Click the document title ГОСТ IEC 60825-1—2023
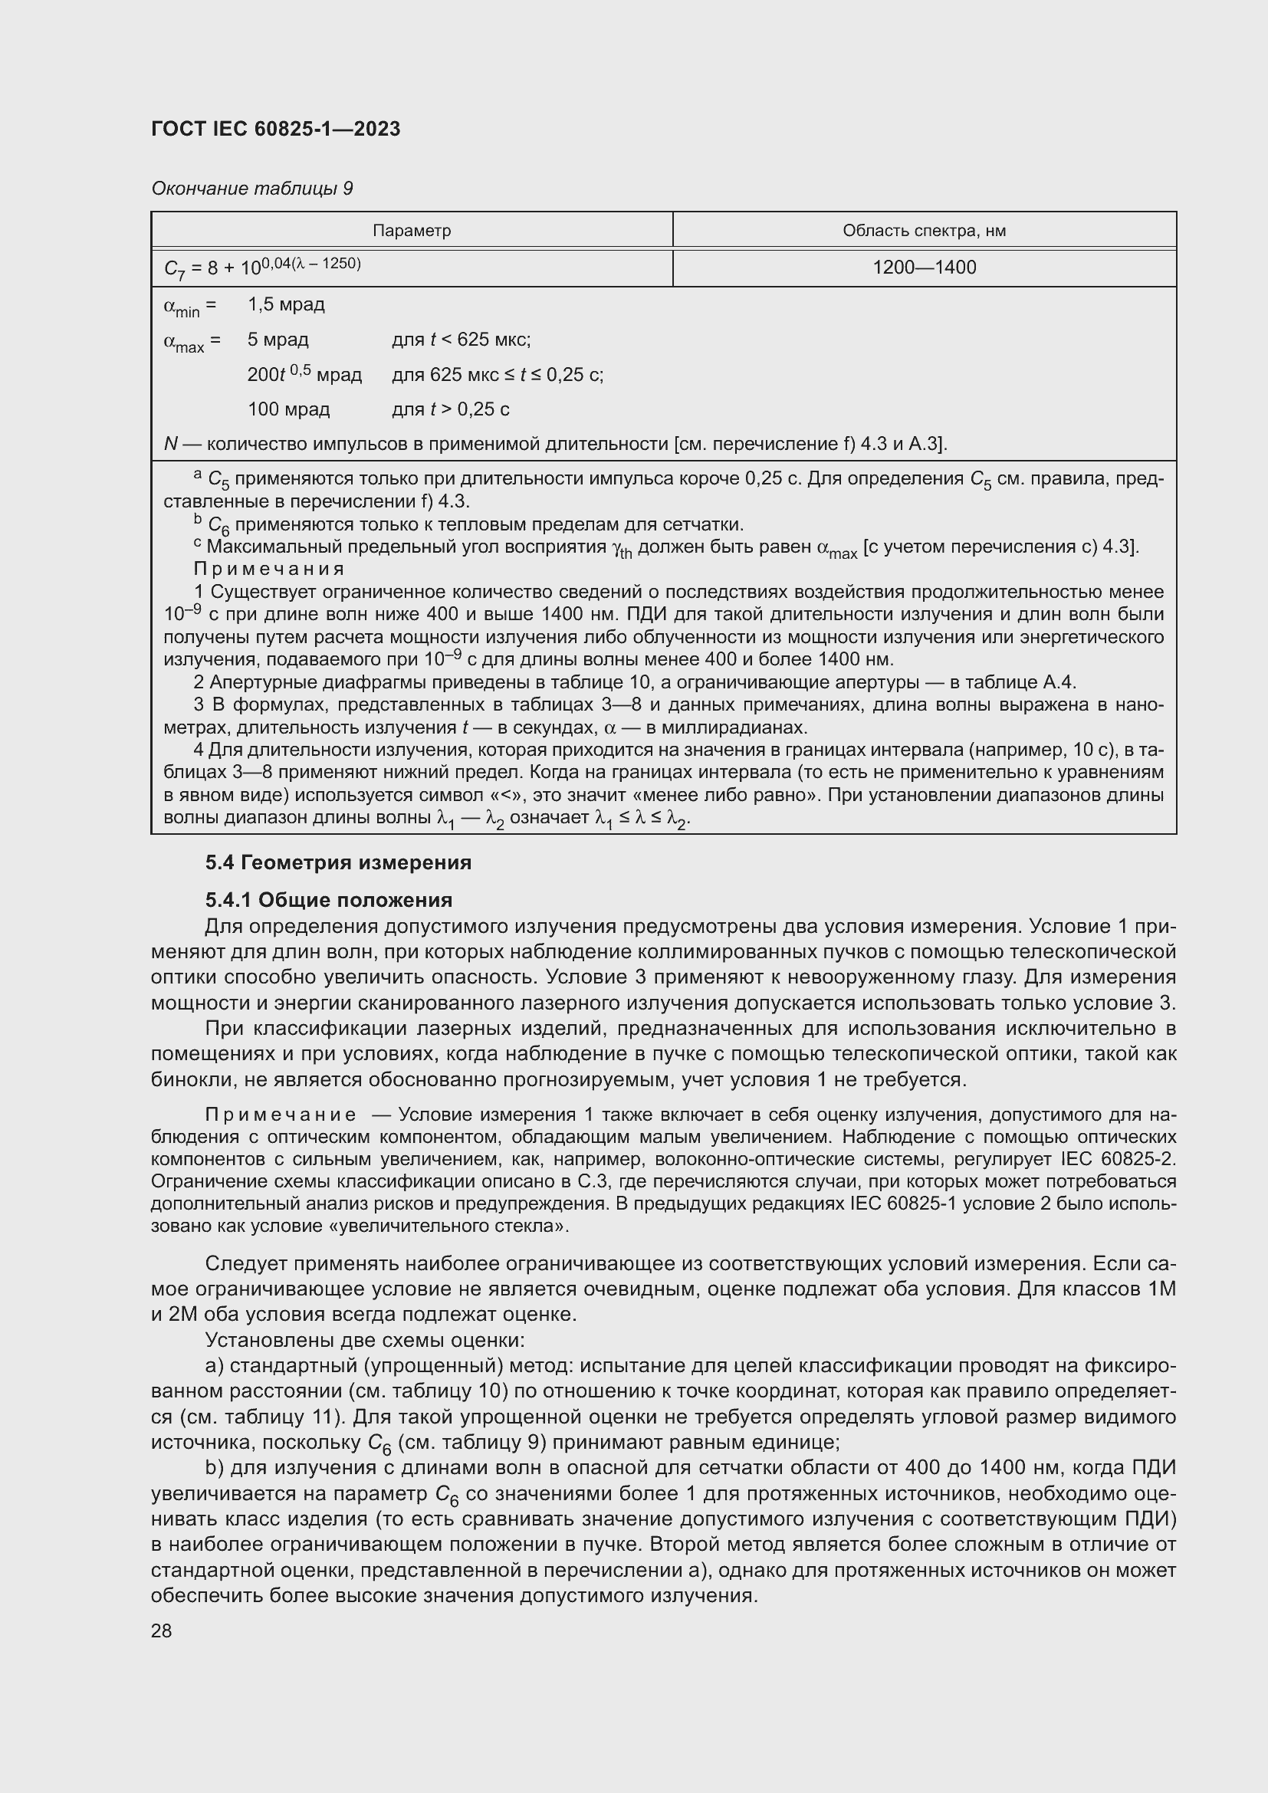click(x=276, y=129)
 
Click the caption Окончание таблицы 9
click(x=251, y=189)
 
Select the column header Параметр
click(x=412, y=232)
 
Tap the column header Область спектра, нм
click(x=924, y=232)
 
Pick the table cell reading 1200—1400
click(x=924, y=268)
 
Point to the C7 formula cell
click(x=262, y=267)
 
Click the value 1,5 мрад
click(x=286, y=304)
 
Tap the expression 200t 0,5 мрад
click(x=304, y=375)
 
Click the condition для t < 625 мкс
click(x=461, y=340)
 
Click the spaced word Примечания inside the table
click(x=268, y=569)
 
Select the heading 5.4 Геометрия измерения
click(x=338, y=862)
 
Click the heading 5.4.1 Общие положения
click(x=329, y=901)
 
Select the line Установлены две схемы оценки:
click(x=365, y=1340)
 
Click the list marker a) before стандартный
click(x=215, y=1366)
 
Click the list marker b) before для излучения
click(x=215, y=1468)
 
